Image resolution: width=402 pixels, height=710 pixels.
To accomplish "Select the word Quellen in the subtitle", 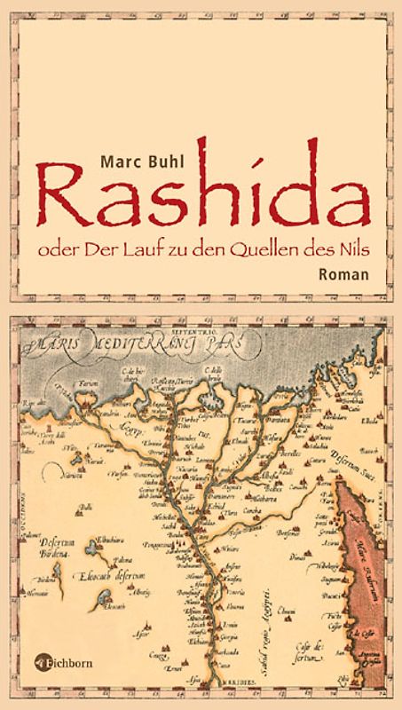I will pos(278,250).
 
